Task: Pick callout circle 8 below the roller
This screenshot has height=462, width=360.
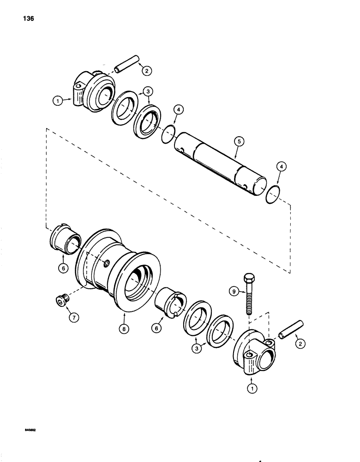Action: click(124, 329)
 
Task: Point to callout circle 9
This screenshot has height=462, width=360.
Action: click(234, 291)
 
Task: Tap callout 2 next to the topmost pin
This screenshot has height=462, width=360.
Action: click(146, 71)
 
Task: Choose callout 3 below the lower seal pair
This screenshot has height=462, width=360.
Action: click(197, 349)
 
